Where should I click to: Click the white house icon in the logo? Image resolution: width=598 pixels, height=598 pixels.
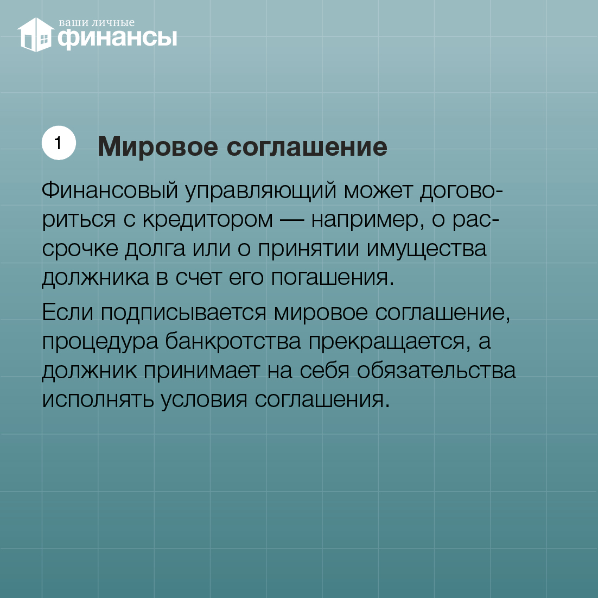tap(35, 34)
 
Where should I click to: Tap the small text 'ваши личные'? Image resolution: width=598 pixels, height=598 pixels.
tap(97, 23)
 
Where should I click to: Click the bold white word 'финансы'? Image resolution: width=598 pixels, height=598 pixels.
tap(117, 39)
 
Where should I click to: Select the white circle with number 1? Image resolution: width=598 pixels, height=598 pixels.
tap(59, 143)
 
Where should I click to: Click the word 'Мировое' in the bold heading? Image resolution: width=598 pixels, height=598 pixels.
tap(158, 147)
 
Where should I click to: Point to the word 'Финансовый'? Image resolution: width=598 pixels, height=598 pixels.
tap(110, 190)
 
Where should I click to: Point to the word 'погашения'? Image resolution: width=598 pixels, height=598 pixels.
tap(332, 278)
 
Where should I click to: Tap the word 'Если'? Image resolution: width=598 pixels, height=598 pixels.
tap(67, 313)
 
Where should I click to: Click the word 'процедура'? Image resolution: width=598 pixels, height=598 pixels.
tap(100, 342)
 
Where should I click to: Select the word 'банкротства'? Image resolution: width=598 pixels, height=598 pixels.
tap(233, 341)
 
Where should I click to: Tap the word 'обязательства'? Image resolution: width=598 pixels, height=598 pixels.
tap(436, 371)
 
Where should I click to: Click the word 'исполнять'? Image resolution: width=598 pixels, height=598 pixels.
tap(98, 400)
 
